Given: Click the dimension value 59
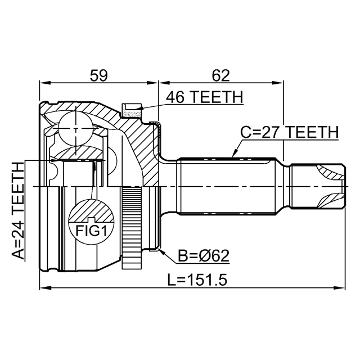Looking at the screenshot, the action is click(x=98, y=75).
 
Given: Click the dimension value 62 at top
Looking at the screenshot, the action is click(x=220, y=75).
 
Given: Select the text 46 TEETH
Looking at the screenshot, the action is click(x=205, y=97).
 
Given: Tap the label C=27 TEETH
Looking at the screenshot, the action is click(x=289, y=132).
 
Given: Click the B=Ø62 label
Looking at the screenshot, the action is click(x=204, y=256).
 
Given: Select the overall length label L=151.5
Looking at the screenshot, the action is click(x=197, y=280).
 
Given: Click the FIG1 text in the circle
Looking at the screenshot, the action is click(x=91, y=231).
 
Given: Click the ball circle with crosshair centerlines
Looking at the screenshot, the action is click(x=75, y=129).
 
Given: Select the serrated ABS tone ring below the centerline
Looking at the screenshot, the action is click(x=131, y=228).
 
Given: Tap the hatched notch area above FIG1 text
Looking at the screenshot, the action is click(x=91, y=211).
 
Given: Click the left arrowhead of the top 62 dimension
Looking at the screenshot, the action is click(x=164, y=83).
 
